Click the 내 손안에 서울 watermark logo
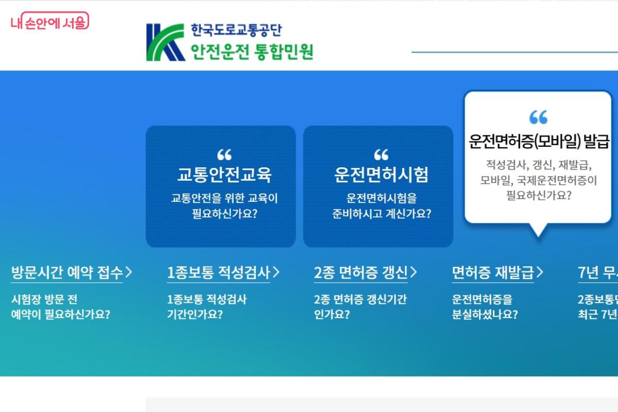[49, 22]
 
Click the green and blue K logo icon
[165, 42]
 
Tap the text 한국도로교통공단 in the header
[236, 30]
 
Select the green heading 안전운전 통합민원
[252, 51]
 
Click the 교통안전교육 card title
[224, 175]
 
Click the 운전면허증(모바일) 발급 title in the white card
[539, 141]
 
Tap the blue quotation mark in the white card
[538, 117]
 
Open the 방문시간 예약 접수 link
[67, 272]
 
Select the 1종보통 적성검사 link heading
[218, 272]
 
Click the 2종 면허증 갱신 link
[360, 272]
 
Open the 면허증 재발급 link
[493, 272]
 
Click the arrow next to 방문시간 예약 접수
[129, 272]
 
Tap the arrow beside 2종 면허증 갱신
[414, 272]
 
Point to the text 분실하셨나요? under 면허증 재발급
[485, 314]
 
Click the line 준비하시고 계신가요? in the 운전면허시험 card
[382, 214]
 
